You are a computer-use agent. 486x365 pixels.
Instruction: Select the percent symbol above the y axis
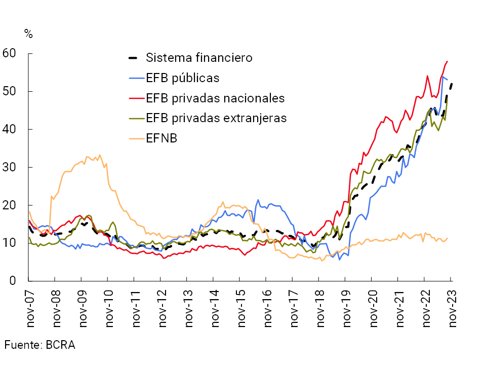pos(28,34)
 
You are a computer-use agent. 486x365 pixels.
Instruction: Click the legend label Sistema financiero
pos(199,57)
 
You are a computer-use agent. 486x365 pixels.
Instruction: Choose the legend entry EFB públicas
pos(182,78)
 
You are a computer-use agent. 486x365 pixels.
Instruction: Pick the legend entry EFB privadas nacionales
pos(215,98)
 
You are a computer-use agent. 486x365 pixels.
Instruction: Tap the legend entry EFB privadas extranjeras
pos(216,118)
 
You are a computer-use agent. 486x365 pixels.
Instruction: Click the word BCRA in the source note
pos(60,345)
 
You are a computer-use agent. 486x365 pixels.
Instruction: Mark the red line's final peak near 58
pos(448,61)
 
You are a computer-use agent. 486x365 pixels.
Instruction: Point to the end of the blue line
pos(448,80)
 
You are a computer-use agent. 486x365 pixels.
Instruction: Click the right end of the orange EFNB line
pos(448,238)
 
